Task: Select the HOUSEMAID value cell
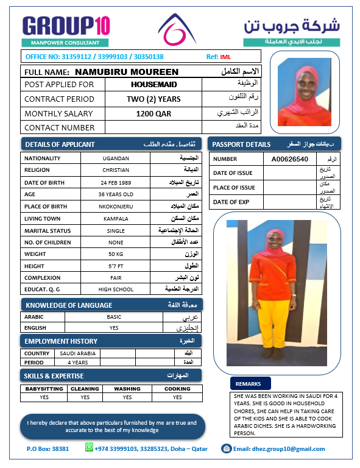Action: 154,85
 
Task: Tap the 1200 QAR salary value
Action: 154,113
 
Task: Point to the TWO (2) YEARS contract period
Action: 154,99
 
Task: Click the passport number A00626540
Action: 290,159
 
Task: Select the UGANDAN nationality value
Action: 116,158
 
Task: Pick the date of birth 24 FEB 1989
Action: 116,182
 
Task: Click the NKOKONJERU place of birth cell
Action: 116,207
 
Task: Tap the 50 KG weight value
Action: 116,253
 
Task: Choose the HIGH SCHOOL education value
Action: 116,289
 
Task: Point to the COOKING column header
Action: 177,389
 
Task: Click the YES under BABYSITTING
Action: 44,397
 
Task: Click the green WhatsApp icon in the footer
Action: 89,448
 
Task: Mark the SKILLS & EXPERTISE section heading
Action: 54,375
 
